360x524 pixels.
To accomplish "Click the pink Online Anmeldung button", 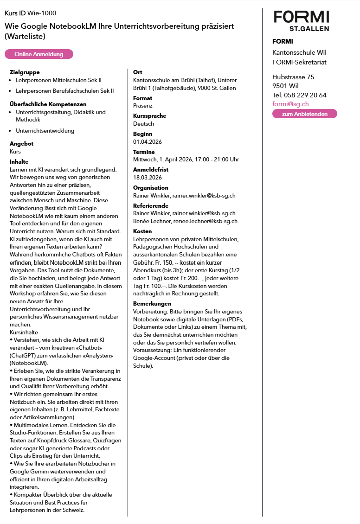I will tap(39, 54).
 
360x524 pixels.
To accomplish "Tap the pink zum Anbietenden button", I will tap(304, 114).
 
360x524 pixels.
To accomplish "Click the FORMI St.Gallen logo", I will tap(301, 21).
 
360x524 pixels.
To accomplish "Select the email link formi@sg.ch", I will tap(290, 104).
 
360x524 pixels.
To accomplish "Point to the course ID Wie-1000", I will tap(31, 13).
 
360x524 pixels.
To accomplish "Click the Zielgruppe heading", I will tap(25, 72).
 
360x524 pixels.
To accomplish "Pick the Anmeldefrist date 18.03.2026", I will tap(148, 178).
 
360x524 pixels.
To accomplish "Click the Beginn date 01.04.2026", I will tap(148, 141).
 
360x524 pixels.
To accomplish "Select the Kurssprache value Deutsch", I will tap(143, 124).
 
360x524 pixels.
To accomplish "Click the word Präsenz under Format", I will tap(143, 106).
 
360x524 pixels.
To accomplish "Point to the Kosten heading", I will tap(142, 231).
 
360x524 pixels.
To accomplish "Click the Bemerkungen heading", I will tap(152, 304).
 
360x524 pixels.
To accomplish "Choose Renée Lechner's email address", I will tap(206, 221).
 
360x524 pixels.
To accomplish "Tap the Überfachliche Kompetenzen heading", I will tap(48, 104).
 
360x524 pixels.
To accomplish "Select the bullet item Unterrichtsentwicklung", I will tap(45, 131).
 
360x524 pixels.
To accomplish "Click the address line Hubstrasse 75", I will tap(293, 77).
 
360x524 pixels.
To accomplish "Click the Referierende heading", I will tap(151, 205).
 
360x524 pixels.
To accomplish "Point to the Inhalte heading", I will tap(19, 162).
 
